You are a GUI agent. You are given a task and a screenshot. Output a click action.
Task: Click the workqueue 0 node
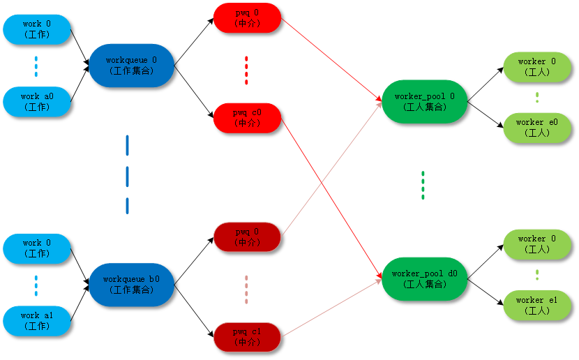tap(130, 65)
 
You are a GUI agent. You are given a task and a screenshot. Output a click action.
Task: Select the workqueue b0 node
tap(130, 284)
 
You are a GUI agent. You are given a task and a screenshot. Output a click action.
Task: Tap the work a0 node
tap(37, 102)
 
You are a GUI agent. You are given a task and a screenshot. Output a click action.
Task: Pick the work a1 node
tap(37, 321)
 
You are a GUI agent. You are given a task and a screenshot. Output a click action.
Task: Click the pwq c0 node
tap(247, 118)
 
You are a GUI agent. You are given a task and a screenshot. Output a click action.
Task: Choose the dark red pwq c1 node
tap(247, 336)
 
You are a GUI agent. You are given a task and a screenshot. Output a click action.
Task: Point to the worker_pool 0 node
tap(424, 101)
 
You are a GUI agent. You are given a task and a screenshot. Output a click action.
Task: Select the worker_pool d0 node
tap(424, 279)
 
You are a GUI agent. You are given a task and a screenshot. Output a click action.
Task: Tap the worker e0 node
tap(536, 128)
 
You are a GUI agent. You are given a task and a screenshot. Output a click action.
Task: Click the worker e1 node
tap(536, 305)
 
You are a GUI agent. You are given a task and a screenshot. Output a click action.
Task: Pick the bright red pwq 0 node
tap(247, 17)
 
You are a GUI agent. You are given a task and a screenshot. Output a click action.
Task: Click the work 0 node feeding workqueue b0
tap(37, 248)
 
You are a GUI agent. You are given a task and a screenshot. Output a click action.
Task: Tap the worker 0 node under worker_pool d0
tap(536, 243)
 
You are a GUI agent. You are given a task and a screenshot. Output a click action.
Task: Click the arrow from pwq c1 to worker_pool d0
tap(331, 308)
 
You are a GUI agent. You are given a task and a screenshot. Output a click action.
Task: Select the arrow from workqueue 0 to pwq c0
tap(194, 90)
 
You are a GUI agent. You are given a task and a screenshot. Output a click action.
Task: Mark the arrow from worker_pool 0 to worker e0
tap(486, 114)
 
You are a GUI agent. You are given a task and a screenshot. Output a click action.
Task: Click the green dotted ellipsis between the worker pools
tap(423, 185)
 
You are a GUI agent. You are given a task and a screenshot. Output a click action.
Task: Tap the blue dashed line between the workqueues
tap(127, 174)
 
